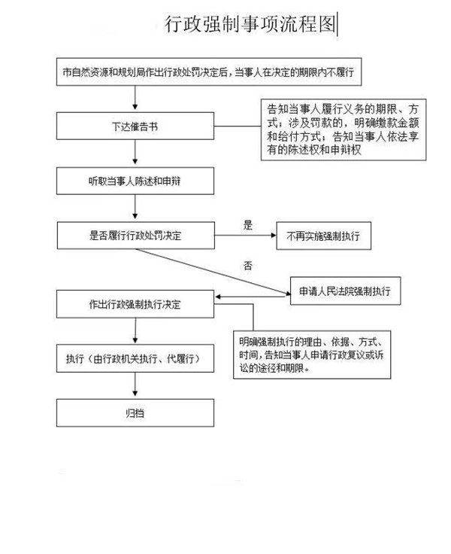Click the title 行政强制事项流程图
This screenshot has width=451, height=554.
click(x=250, y=24)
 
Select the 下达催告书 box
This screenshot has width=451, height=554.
click(x=135, y=126)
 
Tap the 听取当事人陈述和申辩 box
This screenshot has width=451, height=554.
click(x=135, y=181)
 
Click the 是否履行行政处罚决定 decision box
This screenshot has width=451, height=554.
click(x=136, y=236)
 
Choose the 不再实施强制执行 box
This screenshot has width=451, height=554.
click(x=324, y=236)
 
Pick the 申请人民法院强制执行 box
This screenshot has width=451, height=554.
click(x=346, y=291)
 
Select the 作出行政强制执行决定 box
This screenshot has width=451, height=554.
click(x=135, y=304)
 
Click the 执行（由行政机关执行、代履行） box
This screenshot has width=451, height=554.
click(x=135, y=358)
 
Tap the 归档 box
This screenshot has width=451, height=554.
click(x=135, y=412)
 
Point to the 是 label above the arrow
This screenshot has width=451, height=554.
click(x=248, y=225)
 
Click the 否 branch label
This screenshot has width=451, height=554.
click(x=248, y=266)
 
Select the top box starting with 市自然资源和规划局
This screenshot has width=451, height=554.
click(x=209, y=72)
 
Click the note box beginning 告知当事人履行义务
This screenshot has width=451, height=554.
click(x=344, y=129)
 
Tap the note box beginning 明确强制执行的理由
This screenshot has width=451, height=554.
click(x=312, y=355)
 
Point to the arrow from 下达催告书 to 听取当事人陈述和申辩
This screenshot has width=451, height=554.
click(x=135, y=152)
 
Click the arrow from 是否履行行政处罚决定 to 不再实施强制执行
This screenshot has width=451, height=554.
click(x=245, y=236)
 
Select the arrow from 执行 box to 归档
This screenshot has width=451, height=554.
click(x=135, y=385)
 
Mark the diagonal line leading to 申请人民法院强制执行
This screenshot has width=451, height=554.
click(x=213, y=271)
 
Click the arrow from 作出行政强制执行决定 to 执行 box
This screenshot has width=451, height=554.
click(x=135, y=330)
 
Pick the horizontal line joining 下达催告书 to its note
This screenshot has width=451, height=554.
click(x=238, y=126)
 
